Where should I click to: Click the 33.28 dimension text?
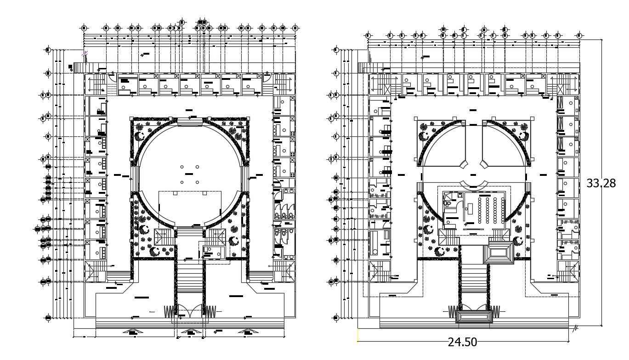(601, 183)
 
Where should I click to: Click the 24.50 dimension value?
(462, 342)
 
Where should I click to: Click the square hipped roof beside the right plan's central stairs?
(499, 253)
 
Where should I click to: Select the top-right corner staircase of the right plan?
(567, 84)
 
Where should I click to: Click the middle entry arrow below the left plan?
(189, 332)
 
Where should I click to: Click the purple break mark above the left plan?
(85, 54)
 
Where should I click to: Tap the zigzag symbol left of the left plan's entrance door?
(169, 311)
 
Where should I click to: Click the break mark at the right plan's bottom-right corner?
(575, 327)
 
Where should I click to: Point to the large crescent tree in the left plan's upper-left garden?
(140, 136)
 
